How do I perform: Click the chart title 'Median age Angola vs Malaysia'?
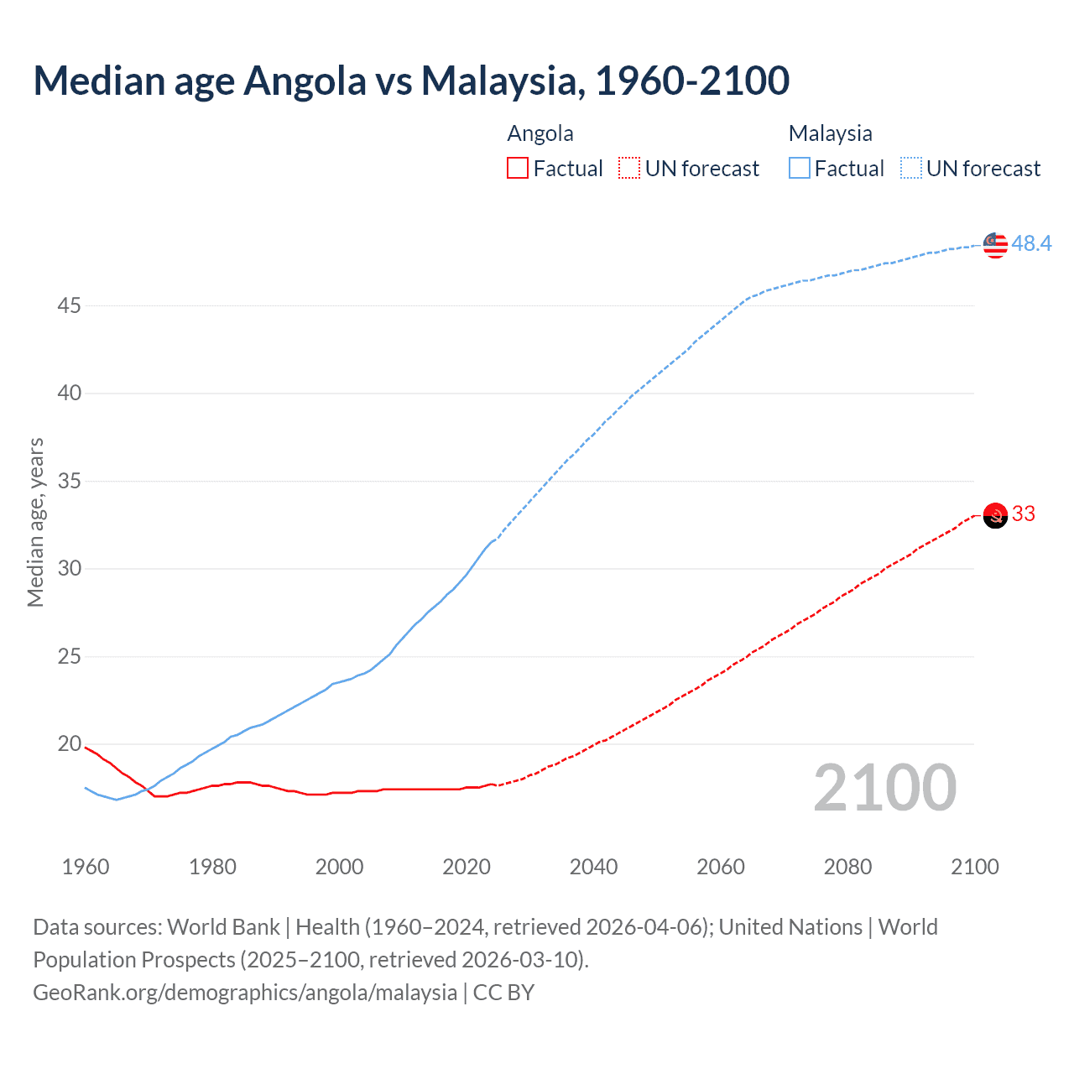(x=411, y=81)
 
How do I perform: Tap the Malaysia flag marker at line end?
(x=995, y=245)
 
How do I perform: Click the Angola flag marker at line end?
(x=995, y=515)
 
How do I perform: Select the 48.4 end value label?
(x=1031, y=243)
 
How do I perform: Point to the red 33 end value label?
(x=1024, y=514)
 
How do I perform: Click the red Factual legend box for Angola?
(x=518, y=169)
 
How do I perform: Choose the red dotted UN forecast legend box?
(x=629, y=169)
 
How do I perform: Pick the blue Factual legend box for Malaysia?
(x=800, y=169)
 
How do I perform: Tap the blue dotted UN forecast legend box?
(x=911, y=169)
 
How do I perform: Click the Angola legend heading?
(x=540, y=133)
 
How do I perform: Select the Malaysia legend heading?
(x=830, y=133)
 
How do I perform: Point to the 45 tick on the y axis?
(x=69, y=305)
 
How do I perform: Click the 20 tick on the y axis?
(x=69, y=744)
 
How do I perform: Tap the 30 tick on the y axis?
(x=69, y=569)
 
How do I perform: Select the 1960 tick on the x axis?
(x=86, y=867)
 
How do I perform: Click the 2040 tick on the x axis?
(x=593, y=867)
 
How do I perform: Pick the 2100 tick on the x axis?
(x=974, y=867)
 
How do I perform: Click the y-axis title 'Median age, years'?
(x=35, y=522)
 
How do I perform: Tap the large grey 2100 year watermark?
(x=885, y=788)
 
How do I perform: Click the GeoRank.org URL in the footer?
(x=245, y=993)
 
